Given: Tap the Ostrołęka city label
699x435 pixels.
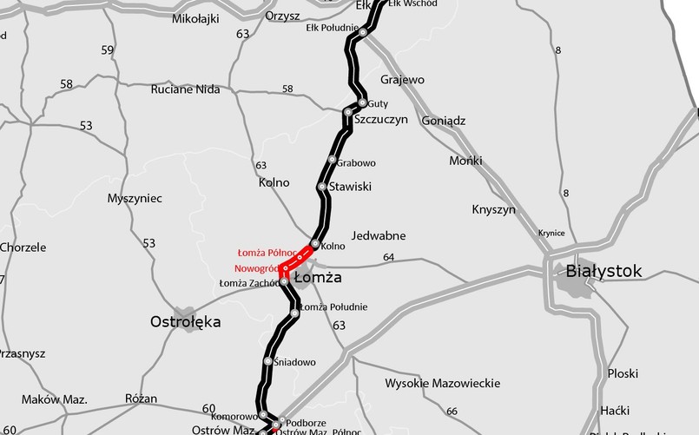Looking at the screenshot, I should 185,322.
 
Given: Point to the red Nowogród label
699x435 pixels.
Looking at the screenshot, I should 255,268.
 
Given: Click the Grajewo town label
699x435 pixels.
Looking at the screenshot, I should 402,80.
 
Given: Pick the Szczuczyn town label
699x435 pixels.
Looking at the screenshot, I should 380,120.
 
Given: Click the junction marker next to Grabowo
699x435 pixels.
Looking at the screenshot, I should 332,160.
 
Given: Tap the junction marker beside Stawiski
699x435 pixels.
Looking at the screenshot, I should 322,187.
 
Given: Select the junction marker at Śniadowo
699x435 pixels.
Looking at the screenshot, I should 267,360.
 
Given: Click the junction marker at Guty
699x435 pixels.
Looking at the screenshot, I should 362,102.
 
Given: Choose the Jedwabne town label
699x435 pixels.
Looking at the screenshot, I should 379,235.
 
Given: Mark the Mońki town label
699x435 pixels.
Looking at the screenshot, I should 465,161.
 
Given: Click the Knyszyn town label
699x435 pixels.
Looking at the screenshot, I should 493,209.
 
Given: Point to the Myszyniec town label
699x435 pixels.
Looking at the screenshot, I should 135,198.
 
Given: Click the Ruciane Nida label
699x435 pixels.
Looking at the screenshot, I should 185,89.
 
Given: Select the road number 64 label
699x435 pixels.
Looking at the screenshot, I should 388,257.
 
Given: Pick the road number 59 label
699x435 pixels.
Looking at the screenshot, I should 108,50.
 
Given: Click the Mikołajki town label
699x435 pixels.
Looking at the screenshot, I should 196,17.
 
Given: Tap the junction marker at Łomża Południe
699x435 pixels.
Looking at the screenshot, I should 294,308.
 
